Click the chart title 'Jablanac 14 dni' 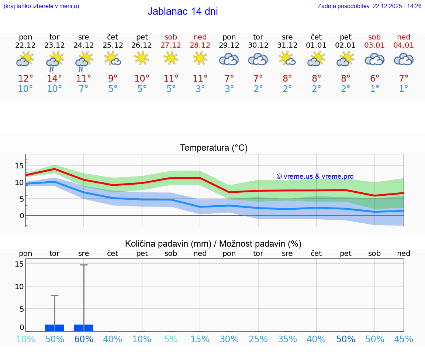[183, 11]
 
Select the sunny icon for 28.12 [200, 58]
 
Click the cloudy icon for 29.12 [229, 59]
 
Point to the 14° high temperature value [55, 78]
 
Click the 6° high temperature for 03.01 [375, 78]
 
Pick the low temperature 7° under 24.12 [84, 89]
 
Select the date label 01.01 [316, 45]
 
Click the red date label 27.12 [171, 45]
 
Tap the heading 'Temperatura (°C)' [214, 148]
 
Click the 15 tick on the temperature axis [19, 166]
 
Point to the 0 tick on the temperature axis [22, 215]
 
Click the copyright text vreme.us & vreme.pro [315, 176]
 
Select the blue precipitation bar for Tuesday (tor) [55, 328]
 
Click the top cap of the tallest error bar [84, 265]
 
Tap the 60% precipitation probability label [84, 339]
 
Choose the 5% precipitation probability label [171, 339]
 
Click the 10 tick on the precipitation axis [19, 286]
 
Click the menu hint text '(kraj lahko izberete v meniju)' [41, 6]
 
